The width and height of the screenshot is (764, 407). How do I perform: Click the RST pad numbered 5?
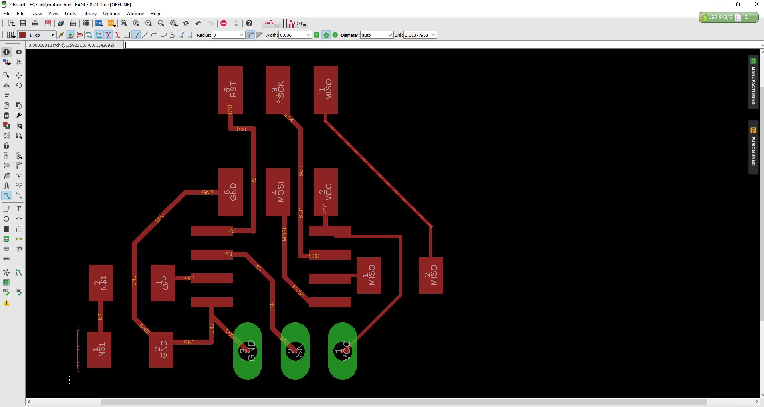pos(230,90)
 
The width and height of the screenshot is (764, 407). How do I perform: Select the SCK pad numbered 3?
pos(278,90)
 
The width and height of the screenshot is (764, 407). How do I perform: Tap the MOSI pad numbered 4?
pos(278,192)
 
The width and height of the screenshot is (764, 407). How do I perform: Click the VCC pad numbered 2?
pos(325,192)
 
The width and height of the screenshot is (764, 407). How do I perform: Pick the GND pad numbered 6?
pos(230,192)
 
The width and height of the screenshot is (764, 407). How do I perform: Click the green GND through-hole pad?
pos(248,351)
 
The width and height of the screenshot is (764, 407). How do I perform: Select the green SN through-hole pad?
pos(295,351)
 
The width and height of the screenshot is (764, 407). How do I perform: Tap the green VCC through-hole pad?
pos(342,351)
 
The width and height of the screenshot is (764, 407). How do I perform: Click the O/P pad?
pos(163,283)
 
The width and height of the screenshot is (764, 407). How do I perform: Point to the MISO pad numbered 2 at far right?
pos(431,275)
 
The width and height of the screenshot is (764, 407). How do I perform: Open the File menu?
pos(7,14)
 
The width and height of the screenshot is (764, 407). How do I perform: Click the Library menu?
pos(89,14)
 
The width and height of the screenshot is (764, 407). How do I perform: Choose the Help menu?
pos(155,14)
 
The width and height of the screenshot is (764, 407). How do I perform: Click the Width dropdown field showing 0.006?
pos(295,35)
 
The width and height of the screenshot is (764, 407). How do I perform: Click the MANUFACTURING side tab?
pos(753,82)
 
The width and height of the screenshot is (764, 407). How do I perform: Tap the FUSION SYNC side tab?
pos(753,147)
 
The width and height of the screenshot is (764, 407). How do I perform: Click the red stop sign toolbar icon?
pos(224,23)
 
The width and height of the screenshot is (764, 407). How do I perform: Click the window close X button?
pos(756,4)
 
